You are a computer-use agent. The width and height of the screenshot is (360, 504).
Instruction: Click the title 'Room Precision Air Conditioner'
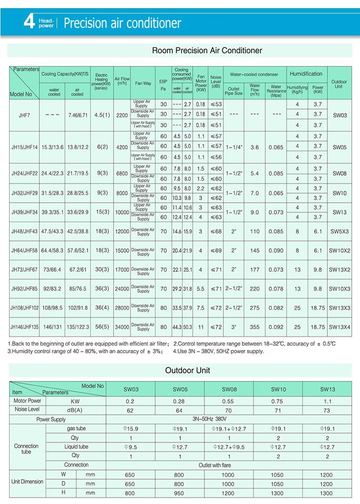tap(207, 50)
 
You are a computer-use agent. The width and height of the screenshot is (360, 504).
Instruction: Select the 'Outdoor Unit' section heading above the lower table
tap(187, 370)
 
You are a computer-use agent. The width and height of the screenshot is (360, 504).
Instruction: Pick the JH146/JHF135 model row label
tap(24, 327)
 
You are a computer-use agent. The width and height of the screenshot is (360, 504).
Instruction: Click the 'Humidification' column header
tap(306, 74)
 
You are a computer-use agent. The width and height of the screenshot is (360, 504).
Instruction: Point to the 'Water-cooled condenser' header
tap(254, 74)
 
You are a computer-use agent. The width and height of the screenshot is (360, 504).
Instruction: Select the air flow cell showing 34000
tap(121, 327)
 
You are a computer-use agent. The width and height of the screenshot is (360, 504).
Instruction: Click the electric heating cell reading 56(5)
tap(101, 327)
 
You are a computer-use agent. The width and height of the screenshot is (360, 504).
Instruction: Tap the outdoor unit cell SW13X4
tap(340, 327)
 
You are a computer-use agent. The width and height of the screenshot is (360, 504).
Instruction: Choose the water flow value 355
tap(254, 327)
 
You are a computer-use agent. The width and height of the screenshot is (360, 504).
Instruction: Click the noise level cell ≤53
tap(216, 104)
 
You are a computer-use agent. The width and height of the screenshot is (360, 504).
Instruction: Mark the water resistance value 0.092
tap(276, 327)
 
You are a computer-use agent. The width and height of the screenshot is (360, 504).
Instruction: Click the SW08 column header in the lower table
tap(229, 389)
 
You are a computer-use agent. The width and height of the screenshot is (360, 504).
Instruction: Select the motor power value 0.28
tap(179, 401)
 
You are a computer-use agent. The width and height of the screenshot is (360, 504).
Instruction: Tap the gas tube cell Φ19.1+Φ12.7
tap(229, 428)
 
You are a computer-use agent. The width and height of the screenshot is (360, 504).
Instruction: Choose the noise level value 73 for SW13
tap(327, 410)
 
